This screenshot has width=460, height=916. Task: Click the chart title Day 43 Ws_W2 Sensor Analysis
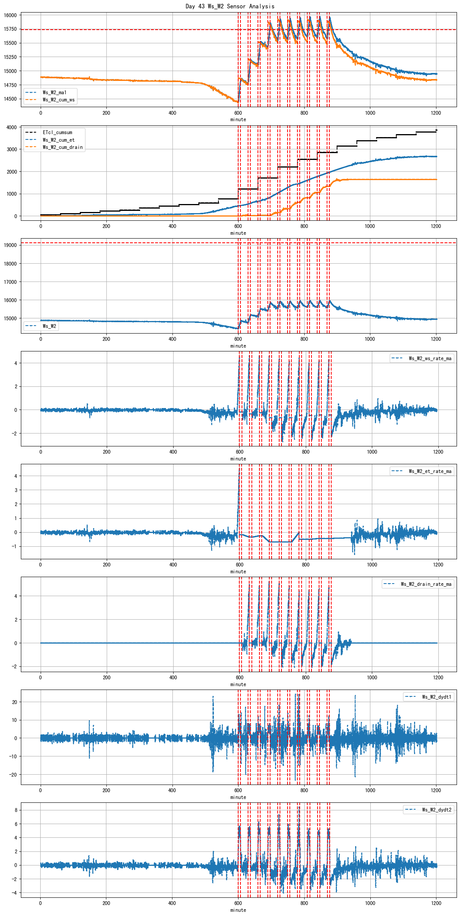coord(230,6)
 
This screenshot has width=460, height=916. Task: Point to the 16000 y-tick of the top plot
coord(10,15)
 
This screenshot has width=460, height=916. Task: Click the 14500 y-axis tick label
coord(10,99)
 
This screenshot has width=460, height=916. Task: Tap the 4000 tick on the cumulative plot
coord(11,127)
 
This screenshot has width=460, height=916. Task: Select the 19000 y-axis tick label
coord(10,245)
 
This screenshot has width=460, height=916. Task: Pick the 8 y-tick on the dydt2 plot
coord(16,810)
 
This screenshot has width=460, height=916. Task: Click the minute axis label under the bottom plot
coord(238,910)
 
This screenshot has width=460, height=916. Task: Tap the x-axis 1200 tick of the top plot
coord(436,113)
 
